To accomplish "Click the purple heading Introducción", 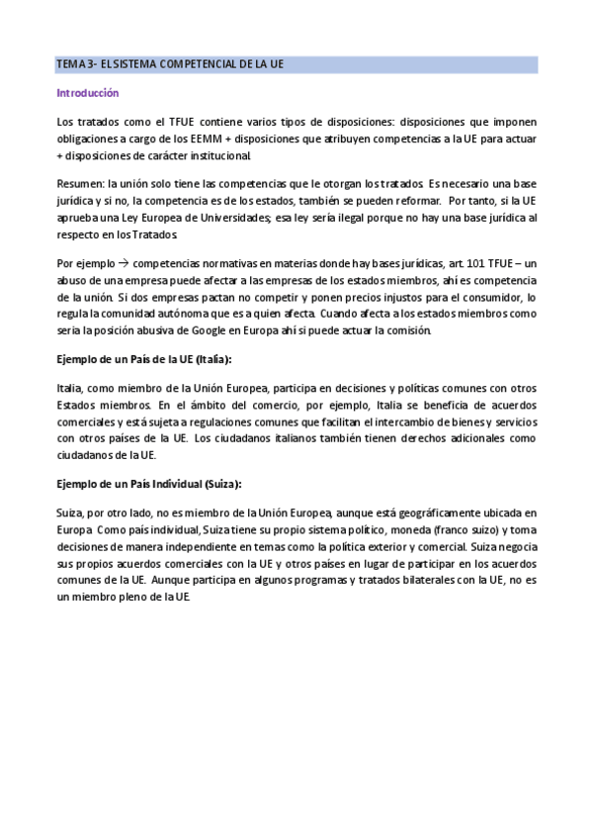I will point(88,93).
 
